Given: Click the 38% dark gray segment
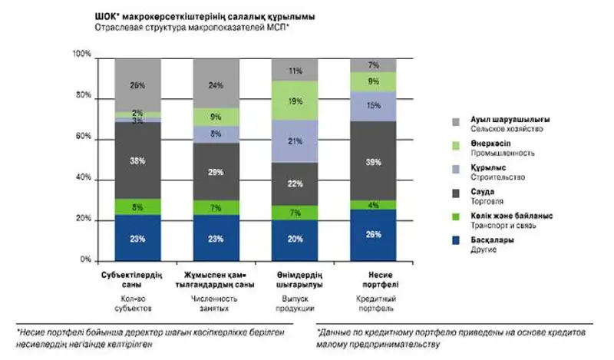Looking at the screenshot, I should (x=138, y=161).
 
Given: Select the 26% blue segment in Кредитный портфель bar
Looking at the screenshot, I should (x=374, y=235).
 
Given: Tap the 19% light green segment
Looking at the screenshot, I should (x=295, y=101).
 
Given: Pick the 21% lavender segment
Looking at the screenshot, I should (x=295, y=141).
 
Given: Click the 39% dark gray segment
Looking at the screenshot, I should (x=374, y=161).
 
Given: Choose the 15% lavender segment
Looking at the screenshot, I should (x=374, y=106).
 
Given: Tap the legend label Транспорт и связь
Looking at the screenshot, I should (x=499, y=225).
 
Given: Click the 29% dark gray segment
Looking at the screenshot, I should (x=216, y=172).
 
